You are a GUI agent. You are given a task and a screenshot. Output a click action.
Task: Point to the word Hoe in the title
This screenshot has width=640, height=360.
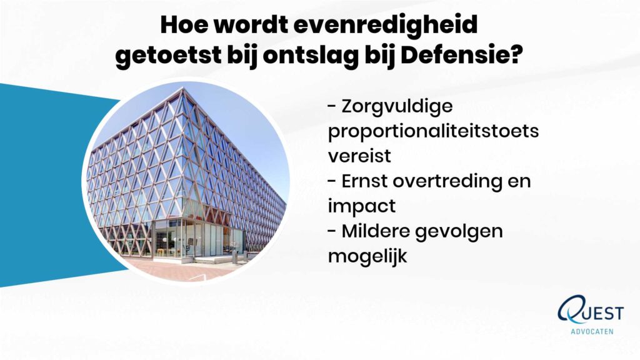[x=184, y=25]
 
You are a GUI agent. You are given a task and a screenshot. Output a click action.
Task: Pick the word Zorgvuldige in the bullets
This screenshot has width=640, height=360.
[x=397, y=107]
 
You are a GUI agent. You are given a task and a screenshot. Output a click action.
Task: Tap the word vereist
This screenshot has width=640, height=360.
[x=359, y=156]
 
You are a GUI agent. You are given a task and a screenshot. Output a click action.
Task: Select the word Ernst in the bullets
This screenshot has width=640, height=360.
[x=364, y=181]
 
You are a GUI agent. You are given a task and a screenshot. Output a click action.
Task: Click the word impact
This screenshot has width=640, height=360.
[x=362, y=206]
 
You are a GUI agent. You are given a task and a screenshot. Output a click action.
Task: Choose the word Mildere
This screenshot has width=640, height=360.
[x=376, y=231]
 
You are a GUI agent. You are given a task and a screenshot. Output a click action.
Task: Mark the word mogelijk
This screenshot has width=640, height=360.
[x=367, y=257]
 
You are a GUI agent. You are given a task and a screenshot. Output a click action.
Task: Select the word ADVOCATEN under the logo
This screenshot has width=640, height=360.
[x=592, y=331]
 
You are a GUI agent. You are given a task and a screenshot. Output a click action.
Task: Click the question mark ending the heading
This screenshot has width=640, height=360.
[x=517, y=56]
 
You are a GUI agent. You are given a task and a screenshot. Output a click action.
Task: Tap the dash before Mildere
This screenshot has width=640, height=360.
[x=332, y=231]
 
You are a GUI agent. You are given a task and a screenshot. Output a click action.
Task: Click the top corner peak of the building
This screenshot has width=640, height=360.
[x=184, y=88]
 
